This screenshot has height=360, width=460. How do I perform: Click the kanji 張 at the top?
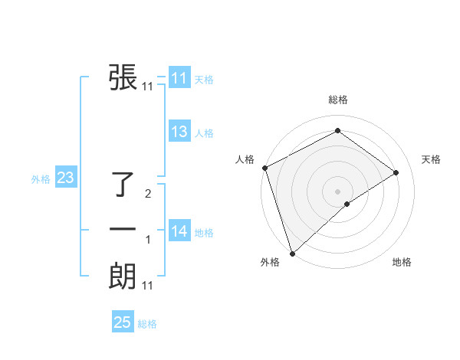click(x=123, y=77)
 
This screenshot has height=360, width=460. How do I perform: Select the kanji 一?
click(x=123, y=229)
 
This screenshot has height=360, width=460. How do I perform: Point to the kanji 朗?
click(x=123, y=276)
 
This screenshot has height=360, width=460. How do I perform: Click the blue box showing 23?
click(x=65, y=178)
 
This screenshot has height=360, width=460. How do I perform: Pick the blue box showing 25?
click(x=123, y=322)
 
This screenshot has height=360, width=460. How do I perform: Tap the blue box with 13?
click(x=179, y=132)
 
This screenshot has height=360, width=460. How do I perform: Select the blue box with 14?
click(x=179, y=231)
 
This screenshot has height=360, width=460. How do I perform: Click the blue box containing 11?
click(x=179, y=78)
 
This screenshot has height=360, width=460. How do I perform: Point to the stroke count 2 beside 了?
click(x=148, y=194)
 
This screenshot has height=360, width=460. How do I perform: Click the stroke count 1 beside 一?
click(x=148, y=241)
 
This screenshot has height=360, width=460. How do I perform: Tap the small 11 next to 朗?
click(x=148, y=286)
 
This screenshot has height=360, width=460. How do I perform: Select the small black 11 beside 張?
click(x=148, y=87)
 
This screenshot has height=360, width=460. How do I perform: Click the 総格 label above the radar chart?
click(x=338, y=100)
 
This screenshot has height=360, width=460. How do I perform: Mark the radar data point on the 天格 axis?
click(x=396, y=172)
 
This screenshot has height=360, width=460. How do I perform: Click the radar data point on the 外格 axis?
click(x=292, y=252)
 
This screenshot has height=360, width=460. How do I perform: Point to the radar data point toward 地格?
click(x=347, y=204)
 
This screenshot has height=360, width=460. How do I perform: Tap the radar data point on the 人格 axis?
click(x=264, y=168)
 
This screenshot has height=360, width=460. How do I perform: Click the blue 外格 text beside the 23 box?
click(x=41, y=179)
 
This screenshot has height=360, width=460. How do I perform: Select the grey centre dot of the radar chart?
click(x=338, y=191)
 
